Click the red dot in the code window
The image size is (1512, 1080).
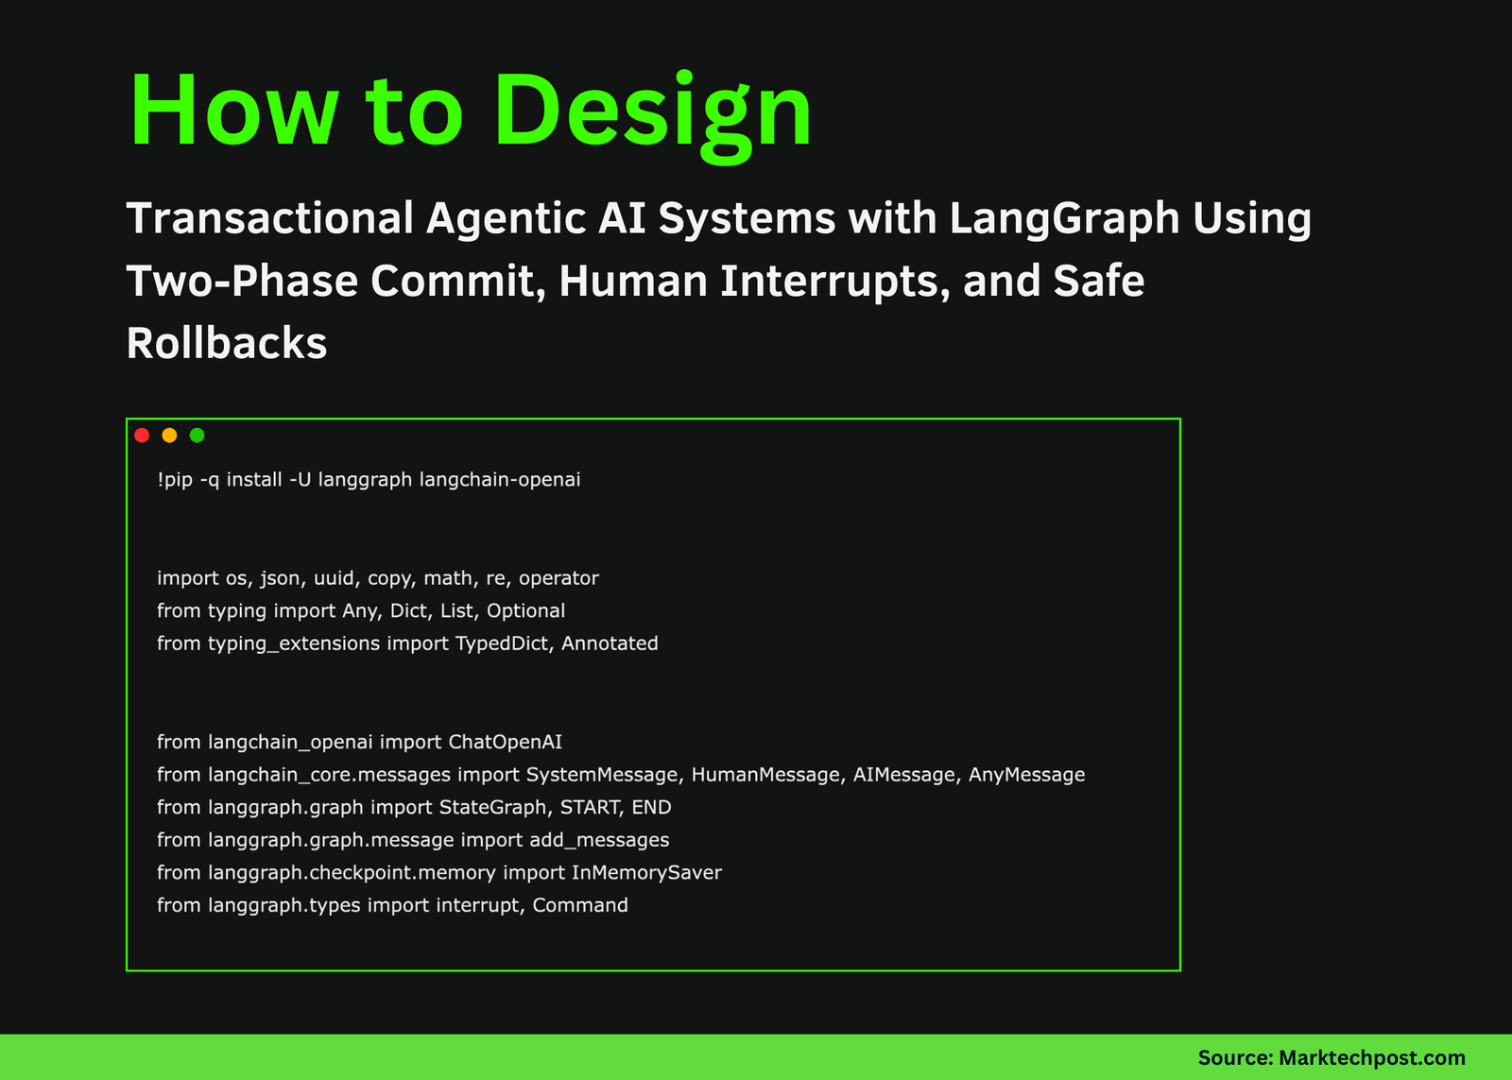point(142,436)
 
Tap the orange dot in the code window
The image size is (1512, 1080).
point(169,436)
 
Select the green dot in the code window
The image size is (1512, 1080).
point(197,436)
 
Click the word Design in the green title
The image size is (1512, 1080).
point(652,111)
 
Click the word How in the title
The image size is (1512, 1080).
point(232,111)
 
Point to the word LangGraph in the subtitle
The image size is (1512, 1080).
point(1064,219)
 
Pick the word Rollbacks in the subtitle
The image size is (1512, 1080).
point(227,344)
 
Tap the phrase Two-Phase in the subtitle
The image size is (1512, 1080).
point(242,282)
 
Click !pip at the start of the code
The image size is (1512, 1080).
point(175,480)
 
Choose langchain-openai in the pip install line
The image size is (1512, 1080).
point(500,480)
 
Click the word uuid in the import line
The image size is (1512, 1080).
point(335,578)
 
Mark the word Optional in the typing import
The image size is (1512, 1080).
point(525,611)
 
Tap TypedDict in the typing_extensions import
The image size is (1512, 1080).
point(504,643)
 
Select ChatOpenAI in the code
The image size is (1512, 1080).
point(506,743)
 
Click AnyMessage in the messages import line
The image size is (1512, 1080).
point(1026,775)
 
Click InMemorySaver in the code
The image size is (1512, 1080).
point(646,873)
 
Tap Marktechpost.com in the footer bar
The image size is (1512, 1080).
point(1371,1058)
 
